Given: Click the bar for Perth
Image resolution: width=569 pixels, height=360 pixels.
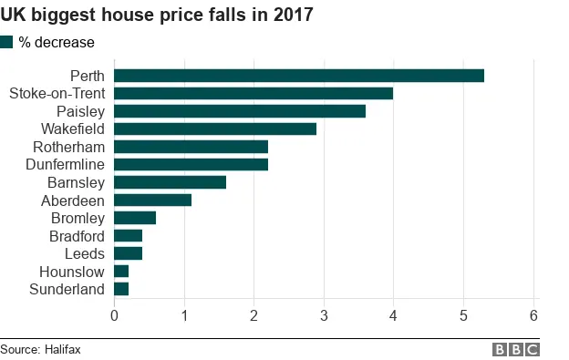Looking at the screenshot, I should click(x=299, y=76).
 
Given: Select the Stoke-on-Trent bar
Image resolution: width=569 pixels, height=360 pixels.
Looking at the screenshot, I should click(x=253, y=93).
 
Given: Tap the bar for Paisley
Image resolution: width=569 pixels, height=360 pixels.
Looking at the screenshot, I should click(x=240, y=111).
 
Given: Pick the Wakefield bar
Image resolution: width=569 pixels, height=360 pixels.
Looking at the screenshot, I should click(x=215, y=129).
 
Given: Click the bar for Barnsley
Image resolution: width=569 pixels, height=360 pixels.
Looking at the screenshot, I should click(x=170, y=182).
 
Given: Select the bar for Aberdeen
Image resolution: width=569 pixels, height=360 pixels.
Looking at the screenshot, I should click(x=152, y=200).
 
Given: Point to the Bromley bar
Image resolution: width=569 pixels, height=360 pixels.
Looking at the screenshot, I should click(x=135, y=218).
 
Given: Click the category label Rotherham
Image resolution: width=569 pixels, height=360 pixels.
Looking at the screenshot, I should click(x=69, y=147).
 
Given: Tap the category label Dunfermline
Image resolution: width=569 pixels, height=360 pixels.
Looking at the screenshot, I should click(x=66, y=164).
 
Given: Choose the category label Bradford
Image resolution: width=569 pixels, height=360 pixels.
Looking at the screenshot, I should click(x=77, y=236).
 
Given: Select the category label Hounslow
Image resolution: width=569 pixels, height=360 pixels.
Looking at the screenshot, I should click(x=72, y=272).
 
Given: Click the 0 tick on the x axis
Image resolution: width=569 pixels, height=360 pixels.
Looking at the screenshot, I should click(x=114, y=315).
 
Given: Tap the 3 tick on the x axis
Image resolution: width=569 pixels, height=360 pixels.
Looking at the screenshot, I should click(x=324, y=315).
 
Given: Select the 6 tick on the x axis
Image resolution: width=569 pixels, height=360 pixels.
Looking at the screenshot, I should click(x=534, y=315).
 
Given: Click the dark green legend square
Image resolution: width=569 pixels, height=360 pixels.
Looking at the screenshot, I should click(x=7, y=42).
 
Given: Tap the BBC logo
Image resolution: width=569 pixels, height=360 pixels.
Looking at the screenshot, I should click(x=515, y=349).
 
